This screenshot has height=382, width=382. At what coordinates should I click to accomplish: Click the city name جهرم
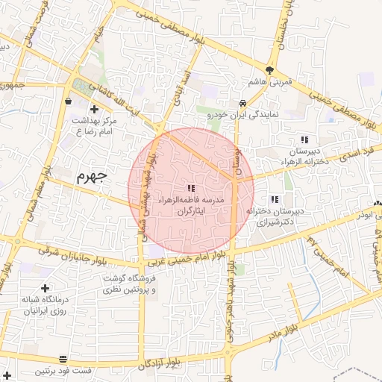coord(92,178)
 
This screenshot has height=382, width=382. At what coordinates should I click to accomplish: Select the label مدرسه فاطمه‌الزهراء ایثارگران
coord(190,205)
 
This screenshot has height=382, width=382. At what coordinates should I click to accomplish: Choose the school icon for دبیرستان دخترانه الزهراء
coord(304,140)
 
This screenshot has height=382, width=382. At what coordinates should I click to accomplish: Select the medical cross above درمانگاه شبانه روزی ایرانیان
coord(46,288)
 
